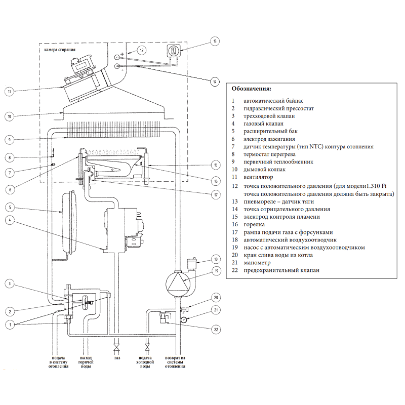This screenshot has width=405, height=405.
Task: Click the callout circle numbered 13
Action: (215, 40)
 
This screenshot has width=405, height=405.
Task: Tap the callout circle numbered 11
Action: (9, 92)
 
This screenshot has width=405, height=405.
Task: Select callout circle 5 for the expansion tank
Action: (9, 207)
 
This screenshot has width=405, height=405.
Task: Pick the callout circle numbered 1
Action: (9, 324)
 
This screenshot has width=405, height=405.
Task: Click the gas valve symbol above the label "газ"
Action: (117, 347)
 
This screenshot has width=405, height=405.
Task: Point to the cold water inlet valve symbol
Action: (147, 347)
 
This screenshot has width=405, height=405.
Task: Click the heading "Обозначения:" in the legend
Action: (251, 89)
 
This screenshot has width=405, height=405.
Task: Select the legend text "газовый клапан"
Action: (263, 124)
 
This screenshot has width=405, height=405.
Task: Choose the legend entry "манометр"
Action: (257, 263)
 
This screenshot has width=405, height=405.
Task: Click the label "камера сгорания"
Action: (60, 50)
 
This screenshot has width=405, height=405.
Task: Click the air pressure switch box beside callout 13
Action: (174, 51)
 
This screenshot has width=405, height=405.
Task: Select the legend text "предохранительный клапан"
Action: (281, 270)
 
